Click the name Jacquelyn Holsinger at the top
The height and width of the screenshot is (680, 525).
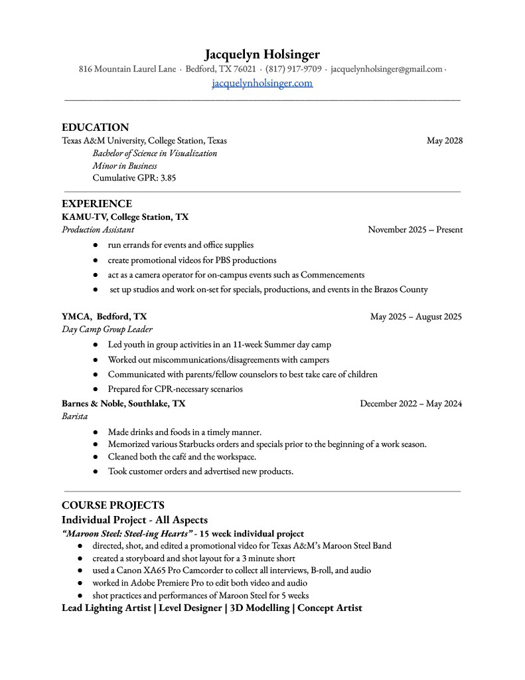(262, 54)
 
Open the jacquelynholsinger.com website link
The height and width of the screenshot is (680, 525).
(262, 83)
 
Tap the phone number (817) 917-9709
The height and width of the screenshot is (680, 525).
(293, 69)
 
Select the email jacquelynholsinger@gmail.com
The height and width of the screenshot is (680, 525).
(386, 69)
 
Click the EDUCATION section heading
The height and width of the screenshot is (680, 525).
(95, 127)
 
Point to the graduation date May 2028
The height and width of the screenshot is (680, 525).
(444, 141)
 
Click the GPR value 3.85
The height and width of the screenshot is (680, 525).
(168, 178)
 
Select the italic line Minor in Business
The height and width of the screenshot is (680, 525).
(125, 166)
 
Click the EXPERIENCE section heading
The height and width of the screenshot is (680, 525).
(97, 204)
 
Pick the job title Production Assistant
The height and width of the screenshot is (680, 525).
(98, 230)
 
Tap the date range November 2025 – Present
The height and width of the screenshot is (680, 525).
(415, 230)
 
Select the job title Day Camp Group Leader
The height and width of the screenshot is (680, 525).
(107, 329)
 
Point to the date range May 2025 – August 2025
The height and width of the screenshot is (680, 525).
(415, 317)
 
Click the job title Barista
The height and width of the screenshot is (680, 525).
(74, 416)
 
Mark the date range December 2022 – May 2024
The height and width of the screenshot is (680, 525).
(411, 404)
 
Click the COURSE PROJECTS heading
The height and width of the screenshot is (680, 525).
(113, 505)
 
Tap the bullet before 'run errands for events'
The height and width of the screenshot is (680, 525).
(96, 246)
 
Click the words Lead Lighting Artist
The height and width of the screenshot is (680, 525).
(106, 608)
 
